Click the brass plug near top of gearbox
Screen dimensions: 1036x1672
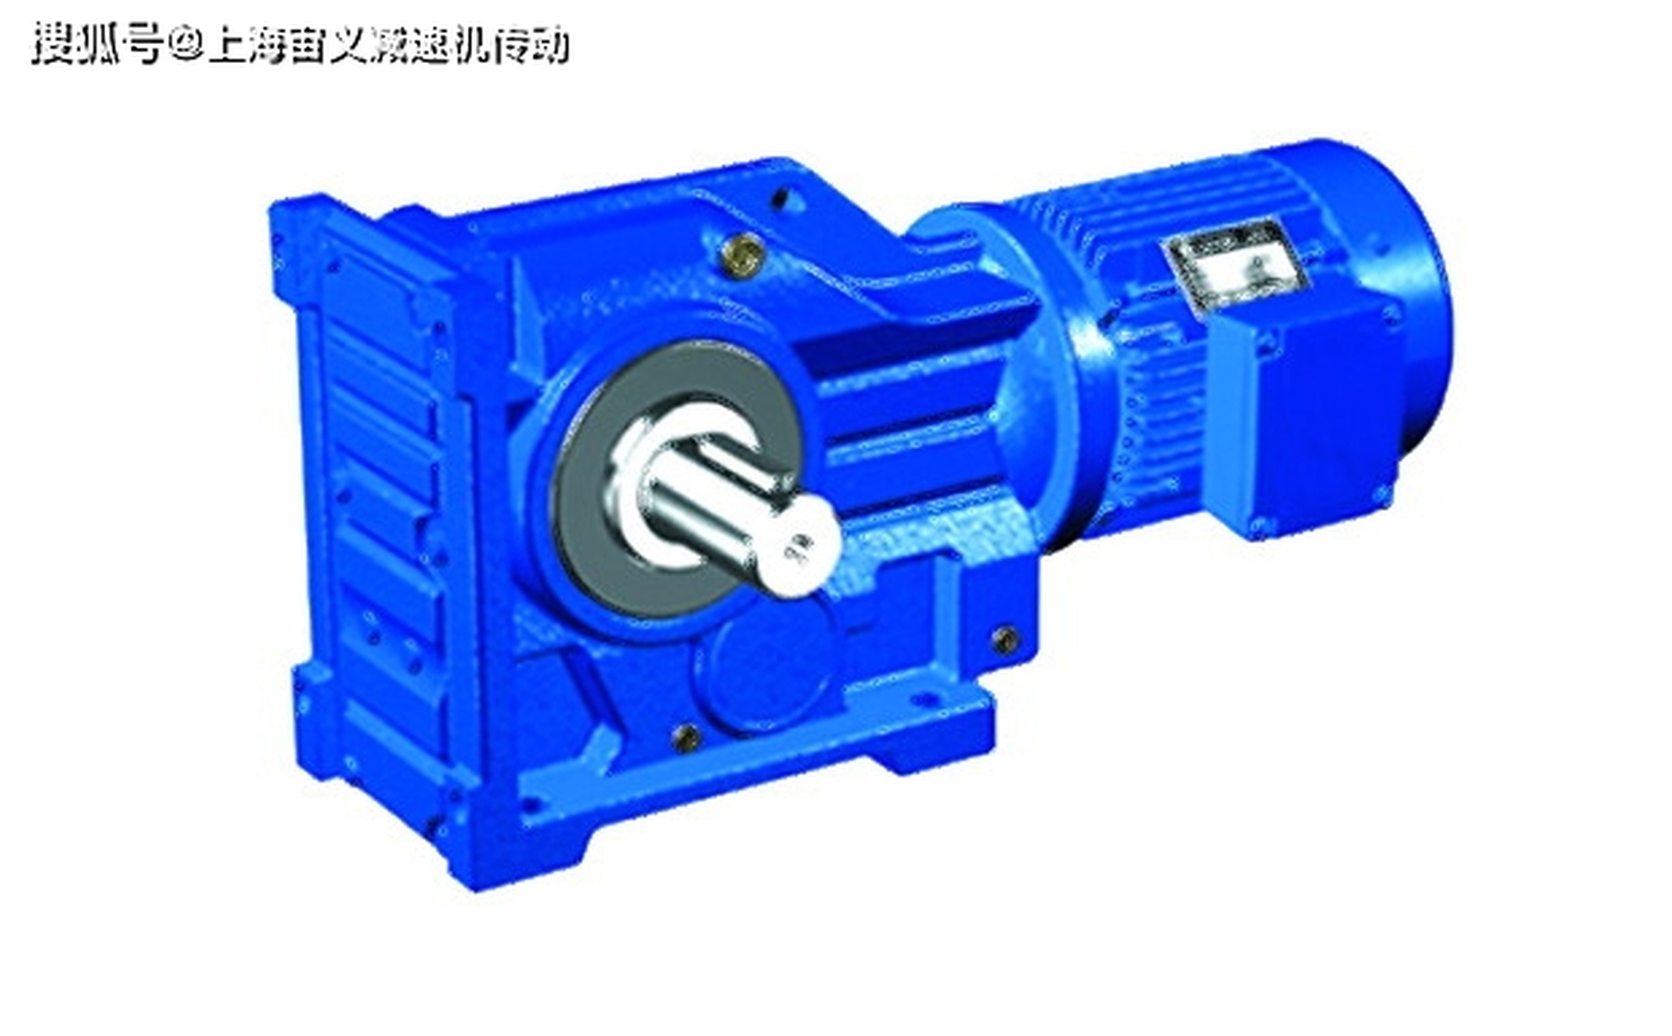(x=744, y=254)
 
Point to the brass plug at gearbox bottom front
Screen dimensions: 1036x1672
(x=686, y=736)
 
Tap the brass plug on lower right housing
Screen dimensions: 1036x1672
(x=1004, y=640)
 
